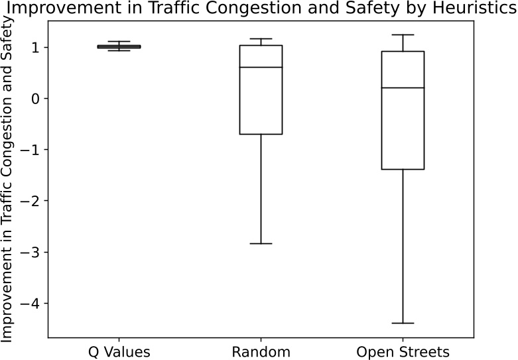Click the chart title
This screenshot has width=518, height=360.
point(259,10)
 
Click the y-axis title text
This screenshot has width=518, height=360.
point(8,180)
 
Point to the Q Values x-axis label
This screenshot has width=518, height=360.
point(119,351)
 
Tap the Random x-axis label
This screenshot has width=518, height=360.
point(261,351)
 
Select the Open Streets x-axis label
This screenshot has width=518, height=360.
point(403,351)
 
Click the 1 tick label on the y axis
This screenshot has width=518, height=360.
point(35,48)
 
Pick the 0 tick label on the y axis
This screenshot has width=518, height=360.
point(35,99)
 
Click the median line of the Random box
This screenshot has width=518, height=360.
point(261,68)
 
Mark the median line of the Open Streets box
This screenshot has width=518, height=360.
point(403,88)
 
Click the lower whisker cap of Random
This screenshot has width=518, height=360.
point(261,244)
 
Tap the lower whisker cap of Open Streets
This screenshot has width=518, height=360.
point(403,323)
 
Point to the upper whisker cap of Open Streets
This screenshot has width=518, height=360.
point(403,34)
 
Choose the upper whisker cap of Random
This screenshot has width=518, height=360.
point(261,38)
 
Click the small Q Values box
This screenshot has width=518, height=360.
point(119,46)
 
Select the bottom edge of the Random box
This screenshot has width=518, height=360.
point(261,134)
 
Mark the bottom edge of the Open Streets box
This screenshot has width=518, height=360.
point(403,169)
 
